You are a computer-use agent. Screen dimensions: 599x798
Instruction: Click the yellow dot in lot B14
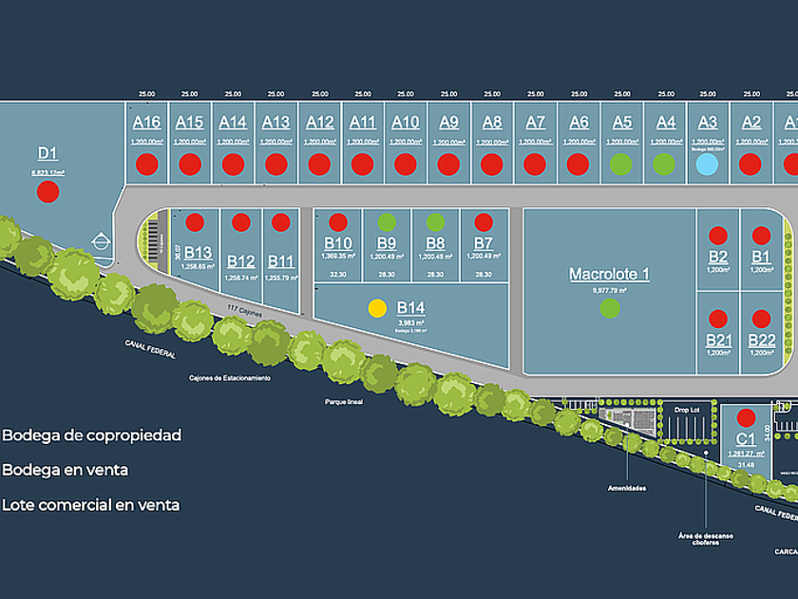coord(377,308)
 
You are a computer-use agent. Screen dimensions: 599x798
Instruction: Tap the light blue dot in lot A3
coord(706,164)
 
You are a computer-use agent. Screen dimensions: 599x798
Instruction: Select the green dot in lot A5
coord(620,164)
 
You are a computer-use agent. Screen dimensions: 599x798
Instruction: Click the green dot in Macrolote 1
coord(610,308)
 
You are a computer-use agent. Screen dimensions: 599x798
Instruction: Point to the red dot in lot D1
coord(47,192)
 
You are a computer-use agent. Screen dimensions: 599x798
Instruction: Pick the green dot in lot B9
coord(386,222)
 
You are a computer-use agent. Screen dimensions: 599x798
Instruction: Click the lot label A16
coord(146,123)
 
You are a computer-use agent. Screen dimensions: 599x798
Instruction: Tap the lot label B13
coord(198,252)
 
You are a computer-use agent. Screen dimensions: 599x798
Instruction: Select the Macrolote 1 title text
coord(609,274)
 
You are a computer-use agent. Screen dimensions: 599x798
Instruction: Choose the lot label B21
coord(719,340)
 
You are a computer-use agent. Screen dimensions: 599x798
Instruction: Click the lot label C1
coord(746,439)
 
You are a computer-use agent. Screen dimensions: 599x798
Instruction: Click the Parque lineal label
coord(343,401)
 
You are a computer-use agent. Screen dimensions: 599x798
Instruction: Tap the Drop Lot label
coord(687,410)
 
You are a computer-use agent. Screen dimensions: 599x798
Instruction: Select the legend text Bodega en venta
coord(65,470)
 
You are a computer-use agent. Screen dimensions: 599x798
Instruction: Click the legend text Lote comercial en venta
coord(90,505)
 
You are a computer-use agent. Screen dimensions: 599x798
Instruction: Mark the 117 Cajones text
coord(243,308)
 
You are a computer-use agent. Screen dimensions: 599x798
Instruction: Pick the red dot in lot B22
coord(761,318)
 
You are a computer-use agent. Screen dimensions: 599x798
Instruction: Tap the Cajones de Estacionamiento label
coord(229,377)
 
